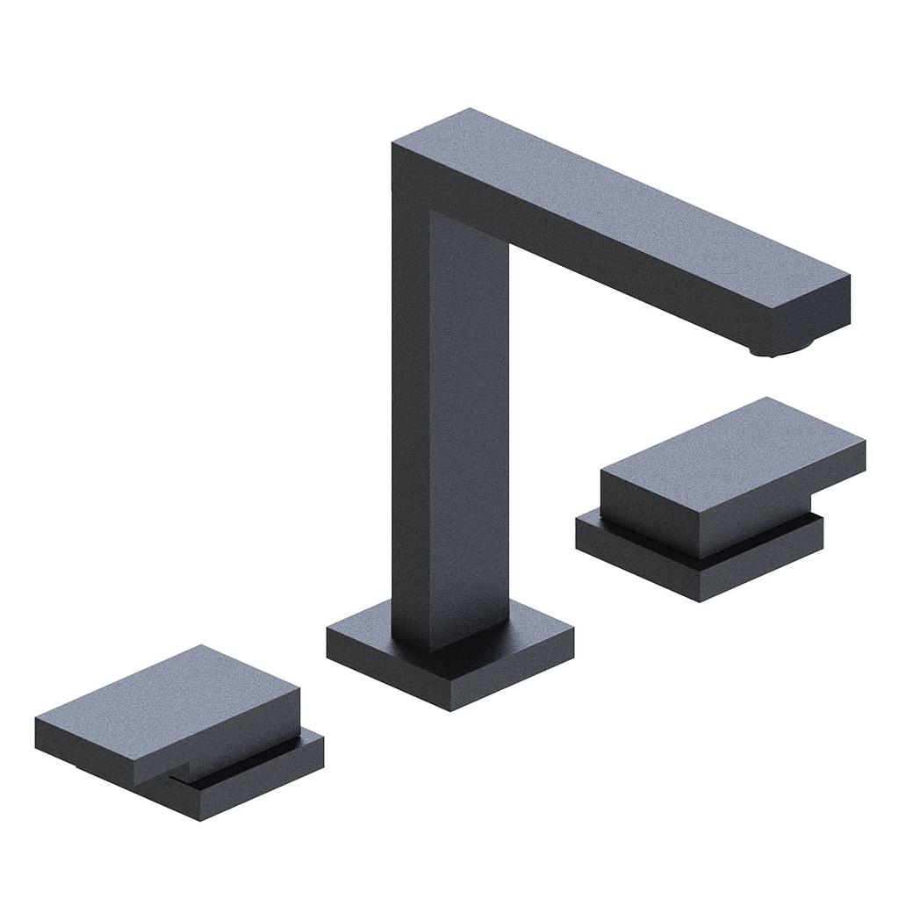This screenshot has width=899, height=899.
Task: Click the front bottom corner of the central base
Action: (x=449, y=708)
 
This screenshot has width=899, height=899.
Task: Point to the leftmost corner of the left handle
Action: (x=37, y=722)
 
